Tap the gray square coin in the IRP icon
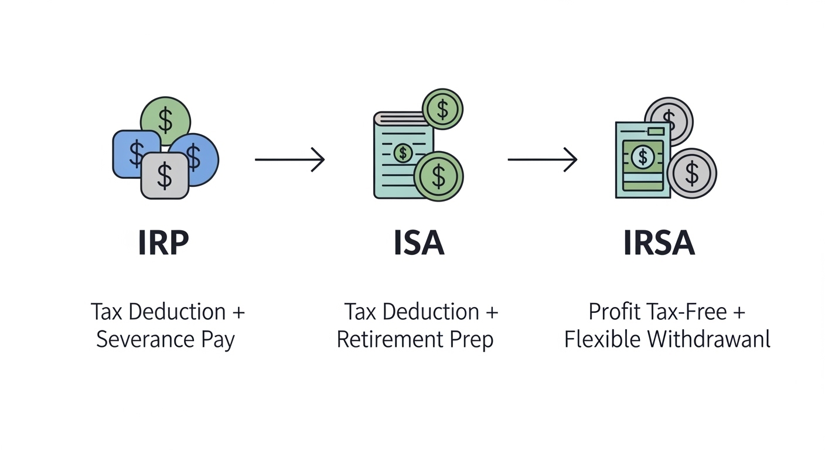[165, 175]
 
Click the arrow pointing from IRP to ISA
[289, 159]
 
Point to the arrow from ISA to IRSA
[543, 159]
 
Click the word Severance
[144, 339]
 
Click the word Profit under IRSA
[612, 311]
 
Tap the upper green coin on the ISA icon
[442, 109]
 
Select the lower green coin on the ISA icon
[439, 176]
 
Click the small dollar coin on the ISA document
[403, 154]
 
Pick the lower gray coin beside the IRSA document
[692, 173]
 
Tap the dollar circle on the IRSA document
[643, 156]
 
